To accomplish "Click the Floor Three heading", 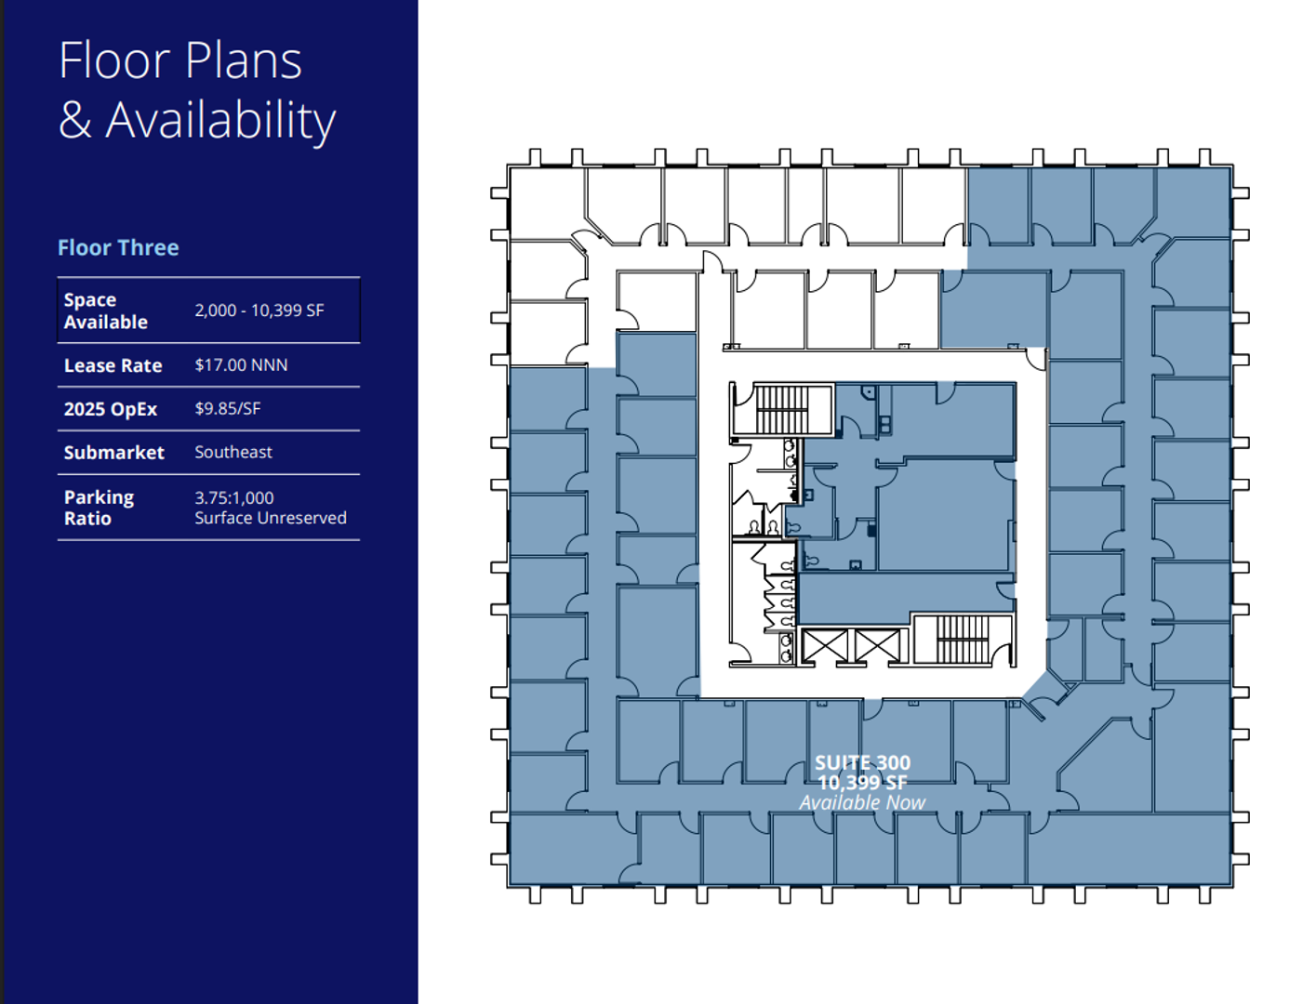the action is (118, 247).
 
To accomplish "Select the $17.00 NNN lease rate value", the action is (241, 364).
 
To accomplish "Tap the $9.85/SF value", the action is (228, 408).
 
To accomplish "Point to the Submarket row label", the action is (113, 453).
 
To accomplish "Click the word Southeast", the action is (233, 452).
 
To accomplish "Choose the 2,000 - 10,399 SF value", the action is (259, 310).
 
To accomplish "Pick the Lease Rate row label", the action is (113, 365).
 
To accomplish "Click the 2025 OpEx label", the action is (111, 409).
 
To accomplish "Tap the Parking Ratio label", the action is (99, 508).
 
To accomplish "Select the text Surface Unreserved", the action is (271, 518).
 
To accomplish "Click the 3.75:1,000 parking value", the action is (234, 497).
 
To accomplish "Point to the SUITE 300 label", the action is (862, 762).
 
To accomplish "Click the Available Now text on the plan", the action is (862, 802).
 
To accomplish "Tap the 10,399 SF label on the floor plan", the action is (862, 783).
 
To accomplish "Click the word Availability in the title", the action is (220, 121).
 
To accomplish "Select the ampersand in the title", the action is (75, 120).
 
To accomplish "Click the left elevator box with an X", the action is (824, 646).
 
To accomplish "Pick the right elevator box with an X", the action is (877, 646).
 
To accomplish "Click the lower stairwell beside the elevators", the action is (962, 639).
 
